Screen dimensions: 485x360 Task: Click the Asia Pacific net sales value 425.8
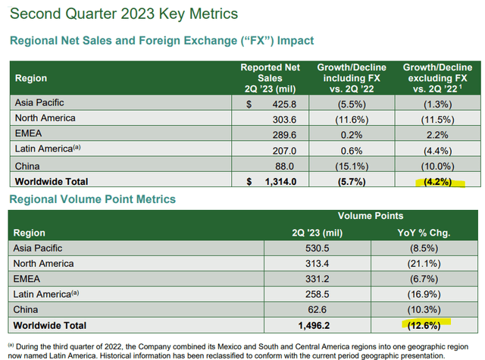click(284, 105)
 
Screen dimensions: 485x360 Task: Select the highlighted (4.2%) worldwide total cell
click(438, 182)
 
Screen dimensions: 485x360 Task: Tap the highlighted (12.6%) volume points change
click(424, 326)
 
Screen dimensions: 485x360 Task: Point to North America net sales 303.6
click(284, 120)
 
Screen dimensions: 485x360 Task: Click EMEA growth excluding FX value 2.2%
click(437, 135)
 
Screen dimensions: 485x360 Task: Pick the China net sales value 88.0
click(285, 167)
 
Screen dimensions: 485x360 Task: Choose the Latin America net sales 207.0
click(284, 151)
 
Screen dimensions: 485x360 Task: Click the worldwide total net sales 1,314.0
click(280, 182)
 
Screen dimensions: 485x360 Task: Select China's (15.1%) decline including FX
click(352, 167)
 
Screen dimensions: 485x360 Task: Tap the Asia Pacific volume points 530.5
click(318, 249)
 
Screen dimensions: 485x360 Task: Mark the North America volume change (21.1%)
click(424, 264)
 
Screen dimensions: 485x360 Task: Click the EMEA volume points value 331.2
click(318, 279)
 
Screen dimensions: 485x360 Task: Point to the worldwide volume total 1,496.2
click(314, 326)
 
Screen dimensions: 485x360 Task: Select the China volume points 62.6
click(318, 309)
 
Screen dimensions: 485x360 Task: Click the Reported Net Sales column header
click(270, 78)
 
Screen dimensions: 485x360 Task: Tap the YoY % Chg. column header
click(424, 233)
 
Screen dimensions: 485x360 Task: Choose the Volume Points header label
click(371, 216)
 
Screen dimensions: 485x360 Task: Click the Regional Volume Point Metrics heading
click(92, 199)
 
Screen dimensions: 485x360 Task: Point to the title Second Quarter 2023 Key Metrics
click(124, 14)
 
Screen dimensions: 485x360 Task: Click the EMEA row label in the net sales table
click(28, 133)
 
